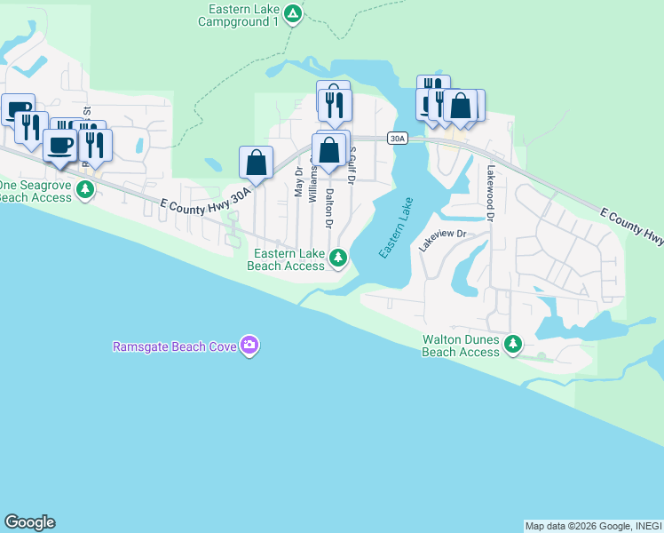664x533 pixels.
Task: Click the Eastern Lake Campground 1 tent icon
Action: (296, 14)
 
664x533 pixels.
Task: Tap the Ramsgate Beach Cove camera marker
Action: (250, 345)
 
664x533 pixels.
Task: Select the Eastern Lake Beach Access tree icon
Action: (337, 259)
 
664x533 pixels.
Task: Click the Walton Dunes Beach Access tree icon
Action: (512, 345)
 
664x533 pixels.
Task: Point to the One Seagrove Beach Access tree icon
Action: (84, 189)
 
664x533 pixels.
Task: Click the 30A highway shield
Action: (397, 138)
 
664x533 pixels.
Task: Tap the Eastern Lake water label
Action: (397, 227)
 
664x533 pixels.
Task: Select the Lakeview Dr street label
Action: (442, 240)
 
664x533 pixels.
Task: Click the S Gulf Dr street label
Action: (352, 166)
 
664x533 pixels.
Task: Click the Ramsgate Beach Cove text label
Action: (174, 346)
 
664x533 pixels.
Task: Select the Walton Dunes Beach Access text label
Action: (461, 346)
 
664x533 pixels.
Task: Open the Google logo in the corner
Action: (29, 522)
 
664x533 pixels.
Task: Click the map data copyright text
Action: (592, 526)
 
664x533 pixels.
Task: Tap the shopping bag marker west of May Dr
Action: (256, 162)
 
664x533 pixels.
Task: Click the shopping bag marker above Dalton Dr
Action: (329, 149)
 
